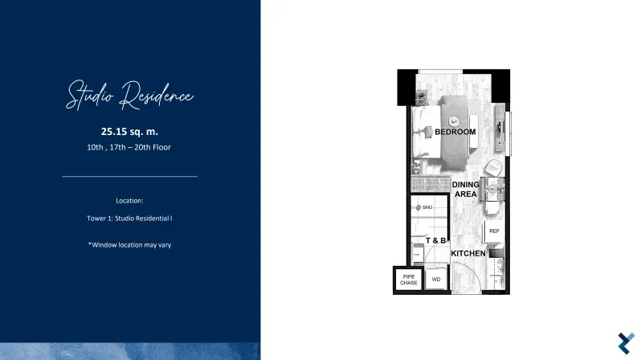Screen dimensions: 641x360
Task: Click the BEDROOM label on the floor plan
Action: (455, 132)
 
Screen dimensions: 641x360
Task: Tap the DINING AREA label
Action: (466, 190)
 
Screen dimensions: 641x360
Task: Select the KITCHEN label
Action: (468, 254)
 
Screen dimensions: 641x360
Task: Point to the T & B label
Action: (435, 240)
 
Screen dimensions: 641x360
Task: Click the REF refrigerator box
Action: (494, 231)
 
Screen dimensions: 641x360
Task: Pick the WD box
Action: (436, 280)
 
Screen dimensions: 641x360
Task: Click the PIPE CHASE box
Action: (408, 280)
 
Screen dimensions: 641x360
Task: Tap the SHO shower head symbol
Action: (418, 207)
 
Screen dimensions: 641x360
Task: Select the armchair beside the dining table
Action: (493, 168)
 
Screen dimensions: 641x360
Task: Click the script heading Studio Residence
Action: (129, 96)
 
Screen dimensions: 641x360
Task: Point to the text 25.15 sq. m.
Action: (129, 131)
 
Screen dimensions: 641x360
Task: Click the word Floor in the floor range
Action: (161, 147)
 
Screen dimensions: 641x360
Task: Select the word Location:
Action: (129, 200)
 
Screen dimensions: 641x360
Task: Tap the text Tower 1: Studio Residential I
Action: (129, 219)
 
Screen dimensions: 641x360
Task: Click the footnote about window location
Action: (129, 244)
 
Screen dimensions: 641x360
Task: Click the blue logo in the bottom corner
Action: (626, 343)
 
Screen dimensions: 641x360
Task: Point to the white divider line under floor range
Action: (129, 176)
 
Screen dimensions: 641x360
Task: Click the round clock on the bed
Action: (453, 121)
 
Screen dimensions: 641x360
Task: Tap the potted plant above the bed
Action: (422, 97)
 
